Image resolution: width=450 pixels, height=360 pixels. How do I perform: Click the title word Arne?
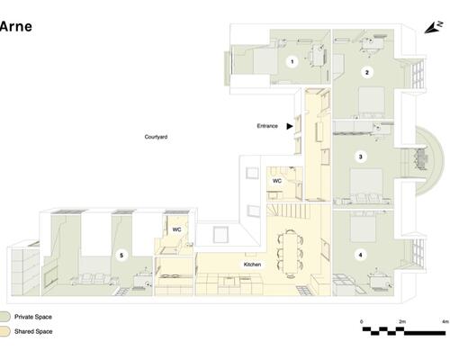16,26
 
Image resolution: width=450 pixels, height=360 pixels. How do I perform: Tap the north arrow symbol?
433,28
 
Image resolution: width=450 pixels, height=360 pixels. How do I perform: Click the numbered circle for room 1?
292,62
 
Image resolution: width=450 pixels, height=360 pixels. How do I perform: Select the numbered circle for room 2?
366,72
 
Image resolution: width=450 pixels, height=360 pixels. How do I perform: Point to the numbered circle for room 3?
361,157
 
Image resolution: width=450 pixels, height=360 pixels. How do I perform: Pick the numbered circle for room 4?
360,255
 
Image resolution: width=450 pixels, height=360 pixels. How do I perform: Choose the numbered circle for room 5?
121,256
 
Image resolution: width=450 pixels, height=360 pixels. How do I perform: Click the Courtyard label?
156,137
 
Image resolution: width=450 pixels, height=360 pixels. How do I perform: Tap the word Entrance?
267,126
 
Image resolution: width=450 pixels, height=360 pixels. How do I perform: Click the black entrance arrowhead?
290,126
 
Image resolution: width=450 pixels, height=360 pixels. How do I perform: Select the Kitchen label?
252,265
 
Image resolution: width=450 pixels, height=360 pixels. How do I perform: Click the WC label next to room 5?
176,229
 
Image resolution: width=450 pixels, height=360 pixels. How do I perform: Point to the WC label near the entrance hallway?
277,181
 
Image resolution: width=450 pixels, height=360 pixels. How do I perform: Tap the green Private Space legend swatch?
5,317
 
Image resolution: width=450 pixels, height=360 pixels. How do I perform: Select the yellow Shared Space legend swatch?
5,331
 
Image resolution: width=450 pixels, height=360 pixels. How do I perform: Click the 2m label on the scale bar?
402,321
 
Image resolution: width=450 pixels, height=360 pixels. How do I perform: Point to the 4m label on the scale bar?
445,321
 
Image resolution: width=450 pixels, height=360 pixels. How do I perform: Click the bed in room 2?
372,102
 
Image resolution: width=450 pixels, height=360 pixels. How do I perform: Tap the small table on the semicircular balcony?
421,159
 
